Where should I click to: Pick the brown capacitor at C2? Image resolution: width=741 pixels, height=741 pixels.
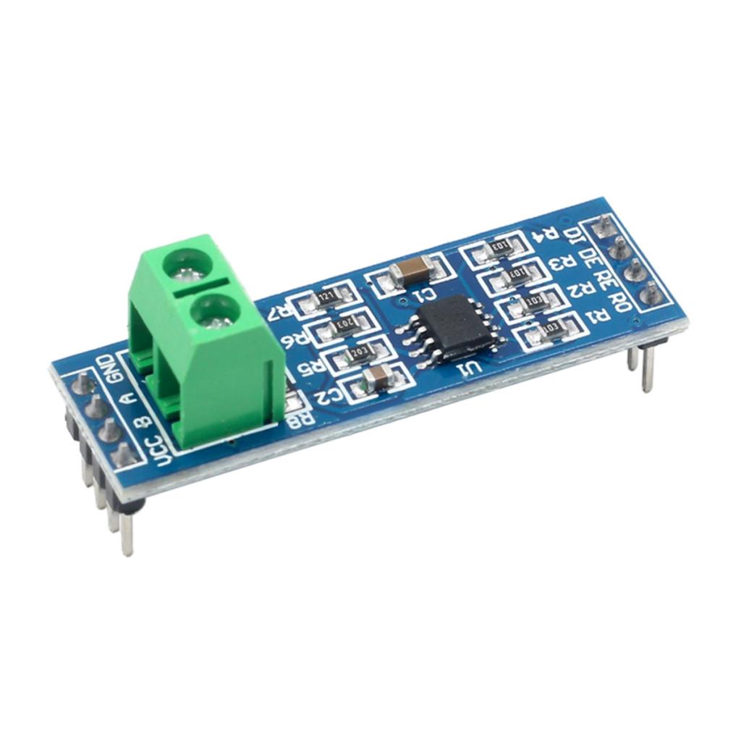(x=377, y=376)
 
